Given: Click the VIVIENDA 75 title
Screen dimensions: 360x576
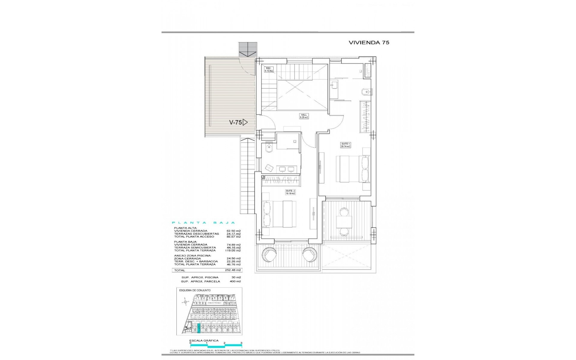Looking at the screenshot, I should (x=369, y=43).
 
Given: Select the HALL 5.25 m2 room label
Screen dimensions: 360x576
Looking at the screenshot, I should (x=304, y=116).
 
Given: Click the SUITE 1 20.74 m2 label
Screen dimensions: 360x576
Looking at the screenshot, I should (x=345, y=145).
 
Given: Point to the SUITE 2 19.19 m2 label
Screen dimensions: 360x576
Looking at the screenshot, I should (x=290, y=192).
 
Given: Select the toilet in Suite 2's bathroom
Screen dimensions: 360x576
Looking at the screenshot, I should (x=268, y=148).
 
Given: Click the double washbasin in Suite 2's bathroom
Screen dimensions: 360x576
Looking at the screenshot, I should (x=286, y=169).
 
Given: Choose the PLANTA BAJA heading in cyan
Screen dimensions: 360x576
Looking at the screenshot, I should (x=203, y=223).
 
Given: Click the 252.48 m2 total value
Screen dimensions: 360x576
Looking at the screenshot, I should (x=234, y=270).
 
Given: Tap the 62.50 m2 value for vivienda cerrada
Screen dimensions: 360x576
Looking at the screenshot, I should (x=234, y=231).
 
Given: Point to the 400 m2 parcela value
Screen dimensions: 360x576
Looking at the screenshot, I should (x=235, y=281).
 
